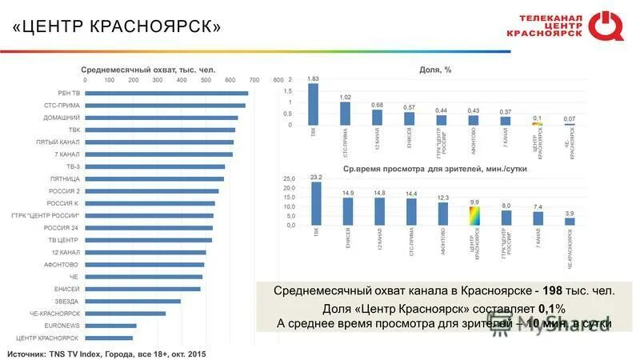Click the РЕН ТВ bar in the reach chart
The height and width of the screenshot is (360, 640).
coord(166,94)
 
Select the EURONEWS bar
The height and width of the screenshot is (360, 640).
coord(110,326)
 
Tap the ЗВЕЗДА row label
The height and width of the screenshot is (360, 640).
coord(67,302)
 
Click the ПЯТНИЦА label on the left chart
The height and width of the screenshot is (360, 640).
coord(63,178)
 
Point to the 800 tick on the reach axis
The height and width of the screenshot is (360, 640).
coord(278,80)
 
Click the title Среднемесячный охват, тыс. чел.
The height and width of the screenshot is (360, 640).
coord(146,70)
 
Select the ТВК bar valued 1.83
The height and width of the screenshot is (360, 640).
coord(313,104)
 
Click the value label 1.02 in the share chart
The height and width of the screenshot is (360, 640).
coord(345,97)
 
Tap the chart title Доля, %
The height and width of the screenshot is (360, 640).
coord(435,70)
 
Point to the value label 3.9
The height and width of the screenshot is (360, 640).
coord(570,214)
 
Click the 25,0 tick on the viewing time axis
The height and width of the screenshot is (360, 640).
coord(290,178)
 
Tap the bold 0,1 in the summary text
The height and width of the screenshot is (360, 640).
coord(547,309)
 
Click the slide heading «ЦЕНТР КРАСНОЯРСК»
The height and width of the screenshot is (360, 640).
coord(117,26)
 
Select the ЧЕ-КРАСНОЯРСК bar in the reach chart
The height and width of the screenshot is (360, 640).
coord(125,314)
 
